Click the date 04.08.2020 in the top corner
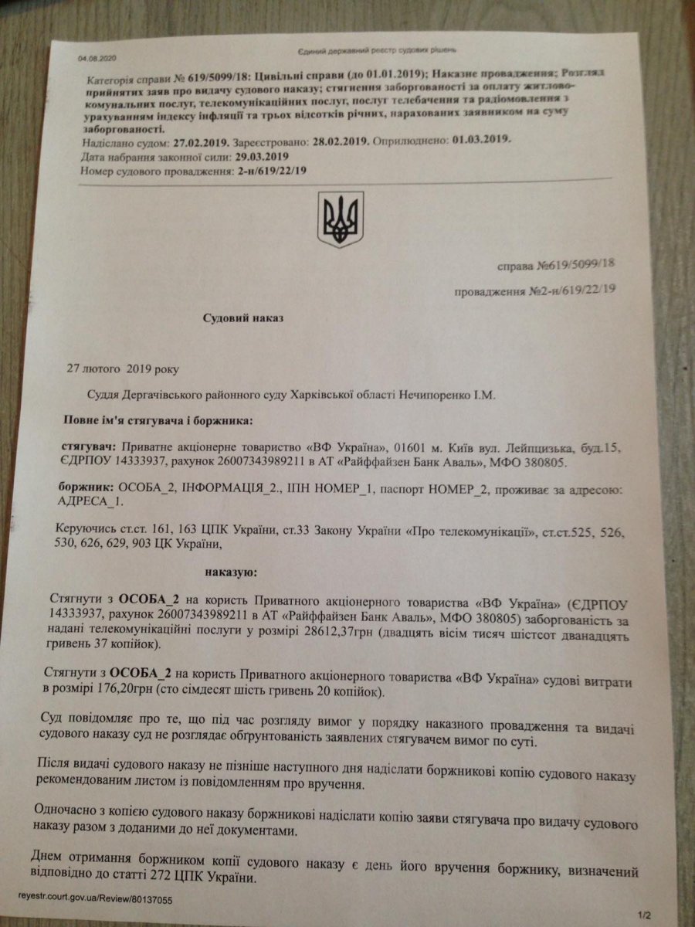[95, 59]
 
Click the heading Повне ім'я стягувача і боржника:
[157, 421]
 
